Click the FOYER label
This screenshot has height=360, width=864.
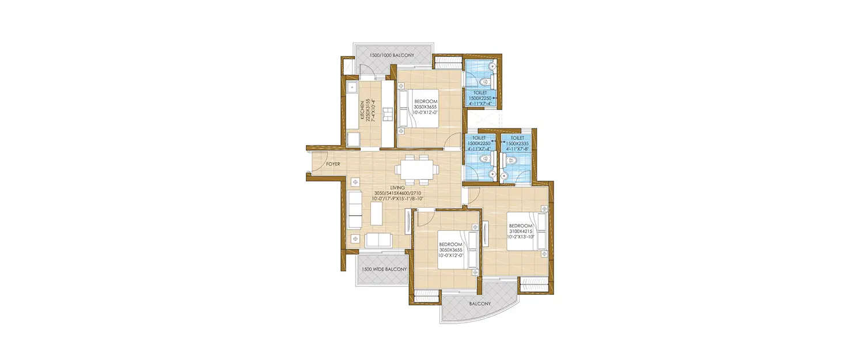click(333, 164)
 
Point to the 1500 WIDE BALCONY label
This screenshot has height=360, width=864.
click(384, 269)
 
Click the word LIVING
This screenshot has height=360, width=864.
click(397, 187)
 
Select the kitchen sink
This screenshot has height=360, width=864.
click(352, 89)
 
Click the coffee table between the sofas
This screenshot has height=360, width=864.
click(377, 214)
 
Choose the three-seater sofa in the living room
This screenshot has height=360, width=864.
click(355, 210)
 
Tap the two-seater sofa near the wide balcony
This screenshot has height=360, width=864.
click(378, 240)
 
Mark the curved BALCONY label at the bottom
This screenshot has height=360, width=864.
click(479, 303)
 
